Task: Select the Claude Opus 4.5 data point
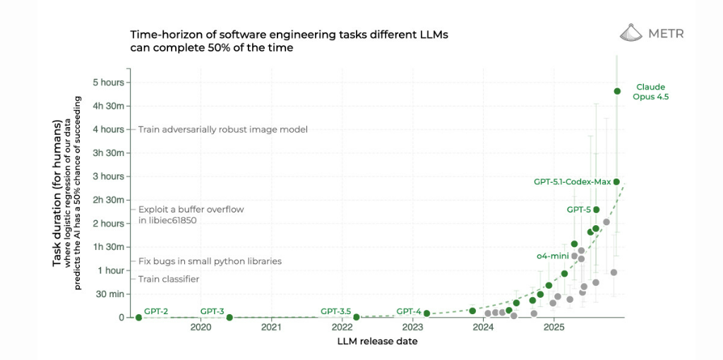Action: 617,91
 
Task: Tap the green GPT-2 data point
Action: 138,317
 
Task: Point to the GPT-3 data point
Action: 229,317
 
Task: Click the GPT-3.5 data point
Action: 357,317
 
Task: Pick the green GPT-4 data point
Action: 426,313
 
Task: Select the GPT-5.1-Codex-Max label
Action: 572,181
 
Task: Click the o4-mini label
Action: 553,256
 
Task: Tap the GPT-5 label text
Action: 578,210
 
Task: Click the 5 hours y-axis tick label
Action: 108,82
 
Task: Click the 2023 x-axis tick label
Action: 412,328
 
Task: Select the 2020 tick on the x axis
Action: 201,328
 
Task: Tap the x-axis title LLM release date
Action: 377,342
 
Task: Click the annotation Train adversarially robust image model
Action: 222,129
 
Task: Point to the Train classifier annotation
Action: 168,279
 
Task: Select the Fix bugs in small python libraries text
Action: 210,261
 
